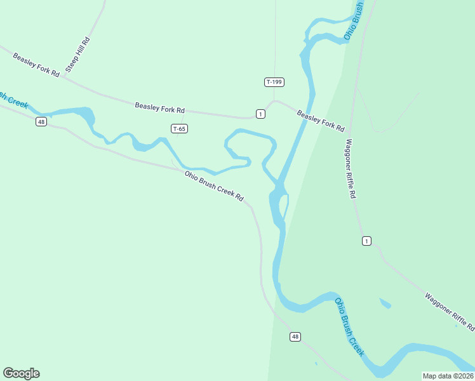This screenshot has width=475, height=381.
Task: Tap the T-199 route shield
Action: tap(274, 82)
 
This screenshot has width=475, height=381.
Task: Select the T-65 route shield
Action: tap(179, 128)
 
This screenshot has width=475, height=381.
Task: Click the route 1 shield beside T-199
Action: tap(260, 114)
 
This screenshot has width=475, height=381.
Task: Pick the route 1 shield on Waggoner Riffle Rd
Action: tap(366, 241)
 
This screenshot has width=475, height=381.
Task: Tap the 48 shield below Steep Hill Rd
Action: tap(41, 121)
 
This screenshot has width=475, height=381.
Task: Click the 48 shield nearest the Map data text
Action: tap(295, 336)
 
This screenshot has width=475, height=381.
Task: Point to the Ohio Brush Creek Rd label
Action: tap(214, 186)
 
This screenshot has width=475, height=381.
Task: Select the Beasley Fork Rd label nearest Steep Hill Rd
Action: tap(36, 65)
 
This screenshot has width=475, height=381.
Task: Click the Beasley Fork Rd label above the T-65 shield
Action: tap(159, 108)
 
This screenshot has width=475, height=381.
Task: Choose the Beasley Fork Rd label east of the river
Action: tap(321, 119)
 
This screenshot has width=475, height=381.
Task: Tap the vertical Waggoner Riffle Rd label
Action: tap(349, 168)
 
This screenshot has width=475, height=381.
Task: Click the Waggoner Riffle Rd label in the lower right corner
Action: tap(450, 312)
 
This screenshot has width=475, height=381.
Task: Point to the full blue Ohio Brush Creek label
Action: tap(350, 327)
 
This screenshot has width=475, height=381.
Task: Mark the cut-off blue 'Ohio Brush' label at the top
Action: tap(354, 21)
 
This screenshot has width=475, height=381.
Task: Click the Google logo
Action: tap(21, 373)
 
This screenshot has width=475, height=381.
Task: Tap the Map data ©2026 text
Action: tap(448, 376)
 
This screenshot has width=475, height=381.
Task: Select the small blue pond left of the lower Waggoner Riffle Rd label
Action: tap(385, 304)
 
